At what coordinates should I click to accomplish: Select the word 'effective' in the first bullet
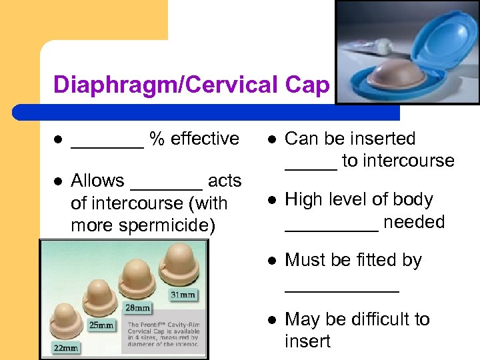[205, 139]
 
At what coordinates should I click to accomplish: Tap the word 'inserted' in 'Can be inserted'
[383, 139]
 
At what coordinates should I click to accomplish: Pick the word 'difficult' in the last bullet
[376, 319]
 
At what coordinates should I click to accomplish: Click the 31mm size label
[182, 294]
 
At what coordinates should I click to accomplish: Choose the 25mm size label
[101, 325]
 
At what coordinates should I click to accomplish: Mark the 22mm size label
[67, 347]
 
